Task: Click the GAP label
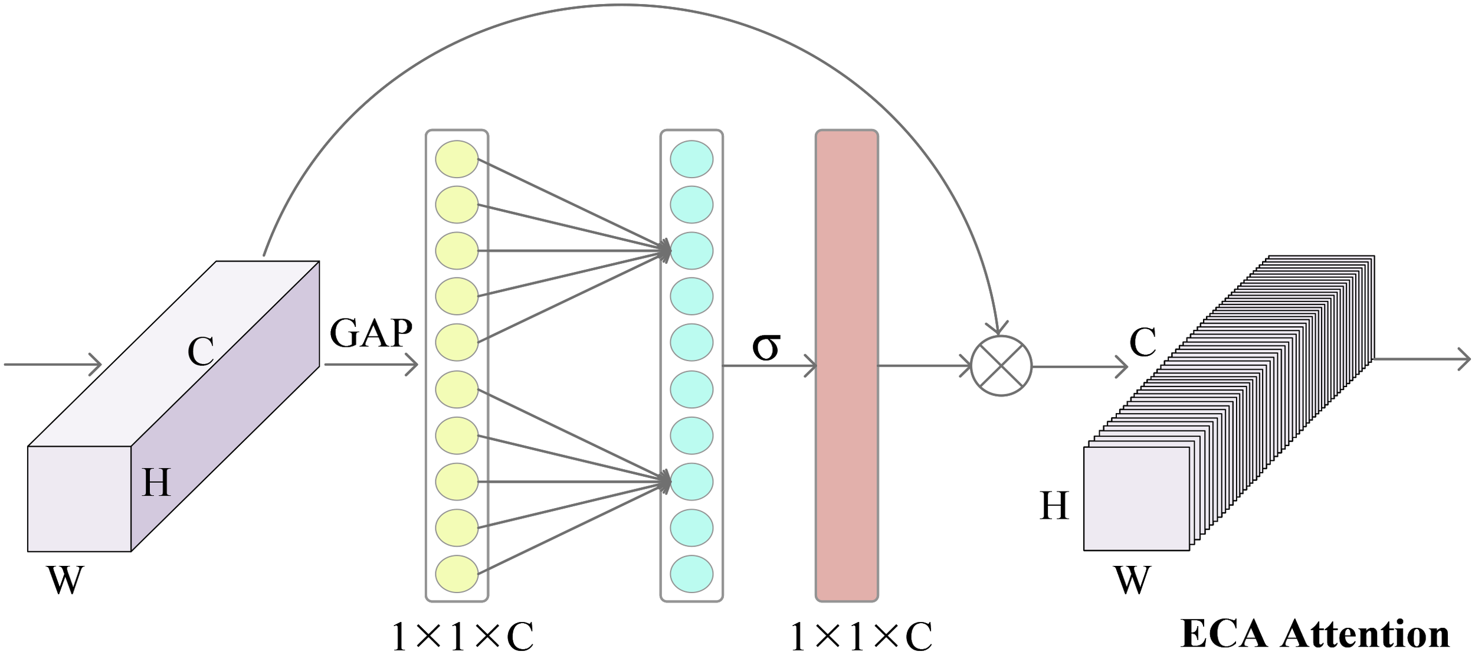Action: [371, 334]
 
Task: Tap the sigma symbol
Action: [766, 346]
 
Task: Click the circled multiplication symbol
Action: [1001, 366]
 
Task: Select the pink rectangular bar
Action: [847, 366]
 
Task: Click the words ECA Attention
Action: [1315, 634]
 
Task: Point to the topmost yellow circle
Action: [457, 159]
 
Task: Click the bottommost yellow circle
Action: [457, 574]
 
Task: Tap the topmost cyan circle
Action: [691, 159]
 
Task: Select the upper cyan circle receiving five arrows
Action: [691, 251]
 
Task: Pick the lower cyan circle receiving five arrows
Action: [691, 482]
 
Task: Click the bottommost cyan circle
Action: [691, 574]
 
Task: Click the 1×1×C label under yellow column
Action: [462, 637]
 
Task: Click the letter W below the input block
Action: [65, 581]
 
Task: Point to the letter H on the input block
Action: [156, 483]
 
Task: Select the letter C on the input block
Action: [201, 352]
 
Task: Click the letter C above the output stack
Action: [1142, 342]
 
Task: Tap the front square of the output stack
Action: [1136, 499]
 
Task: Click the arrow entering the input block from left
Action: [53, 365]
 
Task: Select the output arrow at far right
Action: [1422, 359]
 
